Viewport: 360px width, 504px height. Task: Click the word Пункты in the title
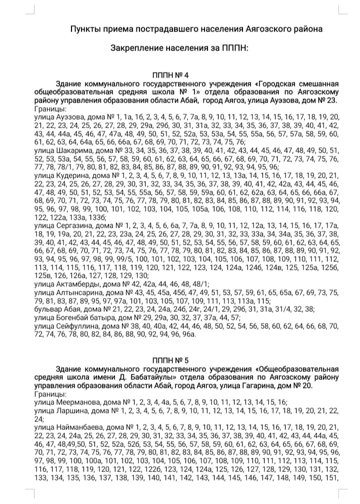click(x=85, y=29)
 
